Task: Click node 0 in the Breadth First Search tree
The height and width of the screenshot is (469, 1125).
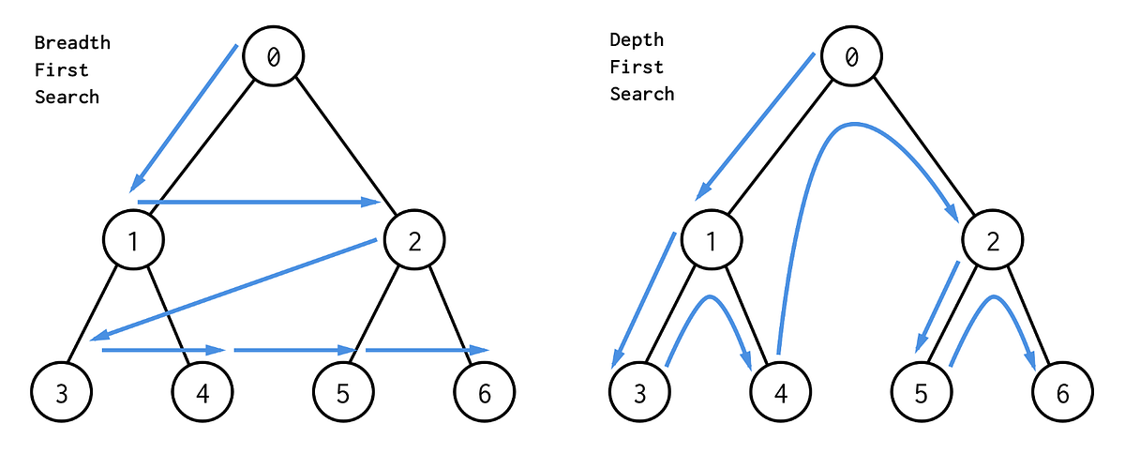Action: [274, 56]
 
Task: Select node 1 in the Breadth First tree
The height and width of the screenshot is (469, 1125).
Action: [133, 241]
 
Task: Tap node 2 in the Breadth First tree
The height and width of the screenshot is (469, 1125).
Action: [413, 241]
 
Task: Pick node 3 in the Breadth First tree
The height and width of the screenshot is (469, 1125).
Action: [62, 392]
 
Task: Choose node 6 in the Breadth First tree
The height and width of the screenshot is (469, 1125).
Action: [484, 392]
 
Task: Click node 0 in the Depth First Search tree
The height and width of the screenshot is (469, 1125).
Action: [851, 56]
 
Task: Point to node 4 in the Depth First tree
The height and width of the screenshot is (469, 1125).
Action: [781, 392]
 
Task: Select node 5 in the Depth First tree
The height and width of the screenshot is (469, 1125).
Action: [922, 392]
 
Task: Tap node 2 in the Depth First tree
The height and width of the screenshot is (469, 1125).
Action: [992, 241]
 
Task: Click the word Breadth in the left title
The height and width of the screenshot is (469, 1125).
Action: [72, 43]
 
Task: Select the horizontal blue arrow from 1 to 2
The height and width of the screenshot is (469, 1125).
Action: [253, 202]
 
